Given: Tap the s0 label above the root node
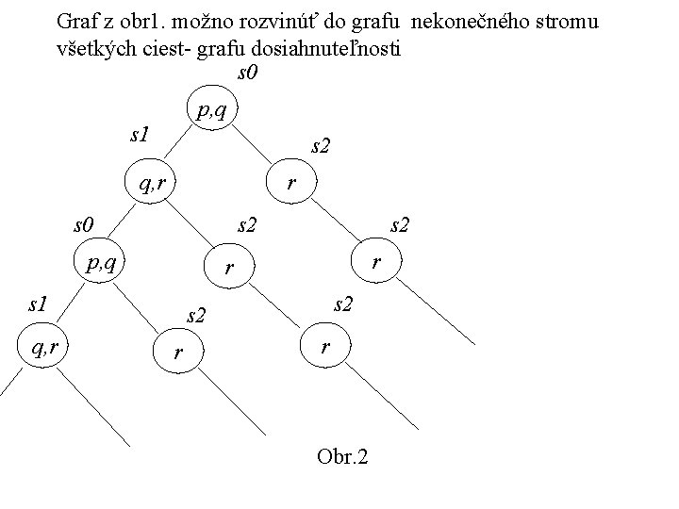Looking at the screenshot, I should (x=247, y=74).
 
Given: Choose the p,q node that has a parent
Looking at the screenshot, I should (x=101, y=261).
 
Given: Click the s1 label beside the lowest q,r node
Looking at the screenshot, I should (x=38, y=304).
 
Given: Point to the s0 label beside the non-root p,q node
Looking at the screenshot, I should (x=85, y=224).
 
